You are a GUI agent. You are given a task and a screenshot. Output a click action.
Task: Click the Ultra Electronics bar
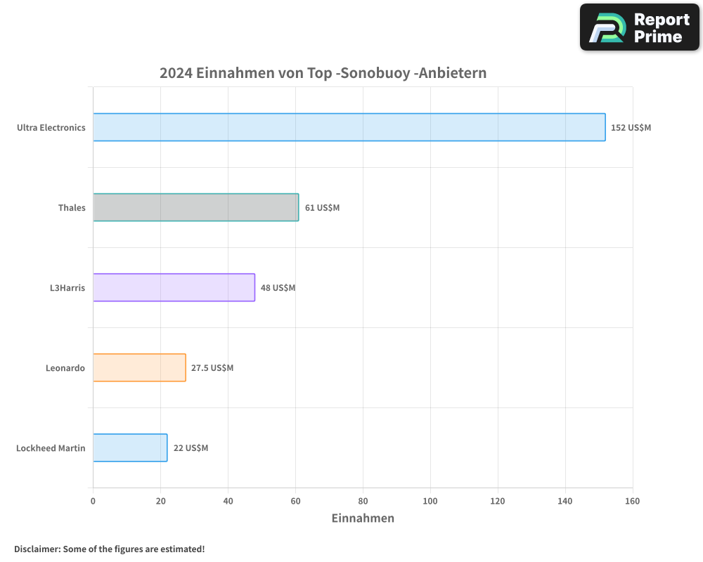pyautogui.click(x=349, y=127)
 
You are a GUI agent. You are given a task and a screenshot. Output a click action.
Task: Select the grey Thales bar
pyautogui.click(x=195, y=207)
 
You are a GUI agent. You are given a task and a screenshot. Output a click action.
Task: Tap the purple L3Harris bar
pyautogui.click(x=174, y=287)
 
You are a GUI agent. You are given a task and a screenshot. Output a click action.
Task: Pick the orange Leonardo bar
pyautogui.click(x=139, y=367)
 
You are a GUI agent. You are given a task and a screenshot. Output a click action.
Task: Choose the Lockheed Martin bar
pyautogui.click(x=130, y=447)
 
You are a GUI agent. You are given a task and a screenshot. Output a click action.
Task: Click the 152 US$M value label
pyautogui.click(x=631, y=128)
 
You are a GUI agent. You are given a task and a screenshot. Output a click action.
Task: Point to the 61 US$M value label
pyautogui.click(x=322, y=208)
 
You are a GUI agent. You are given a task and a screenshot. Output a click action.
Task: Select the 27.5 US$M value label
pyautogui.click(x=212, y=368)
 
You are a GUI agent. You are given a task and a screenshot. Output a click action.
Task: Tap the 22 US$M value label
pyautogui.click(x=191, y=448)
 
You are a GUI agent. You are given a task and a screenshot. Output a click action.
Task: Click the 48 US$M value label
pyautogui.click(x=278, y=288)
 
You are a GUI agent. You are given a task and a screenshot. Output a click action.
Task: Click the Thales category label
pyautogui.click(x=72, y=208)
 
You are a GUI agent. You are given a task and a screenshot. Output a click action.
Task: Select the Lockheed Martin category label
pyautogui.click(x=51, y=448)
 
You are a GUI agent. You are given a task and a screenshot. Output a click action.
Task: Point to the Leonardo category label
pyautogui.click(x=65, y=368)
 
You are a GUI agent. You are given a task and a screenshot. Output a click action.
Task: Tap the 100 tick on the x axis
pyautogui.click(x=430, y=501)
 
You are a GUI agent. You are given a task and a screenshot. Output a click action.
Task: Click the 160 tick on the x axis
pyautogui.click(x=633, y=501)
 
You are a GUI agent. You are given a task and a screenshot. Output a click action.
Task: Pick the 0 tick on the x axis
pyautogui.click(x=93, y=501)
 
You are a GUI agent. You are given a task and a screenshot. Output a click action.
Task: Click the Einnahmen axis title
pyautogui.click(x=363, y=518)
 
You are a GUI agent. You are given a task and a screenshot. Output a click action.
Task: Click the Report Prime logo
pyautogui.click(x=640, y=27)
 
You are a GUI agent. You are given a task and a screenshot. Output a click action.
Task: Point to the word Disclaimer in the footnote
pyautogui.click(x=37, y=549)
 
